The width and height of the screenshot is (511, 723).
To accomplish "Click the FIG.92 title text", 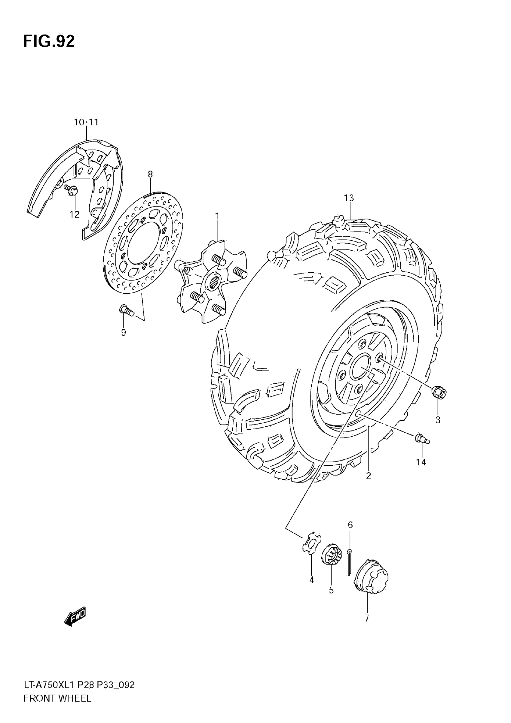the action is click(49, 41).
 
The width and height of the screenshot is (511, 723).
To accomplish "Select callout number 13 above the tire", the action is click(349, 198).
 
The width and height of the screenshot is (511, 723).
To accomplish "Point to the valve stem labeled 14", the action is click(422, 439).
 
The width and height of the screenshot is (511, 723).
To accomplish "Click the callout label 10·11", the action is click(86, 122).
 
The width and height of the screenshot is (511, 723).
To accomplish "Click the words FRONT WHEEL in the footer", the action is click(57, 698).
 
